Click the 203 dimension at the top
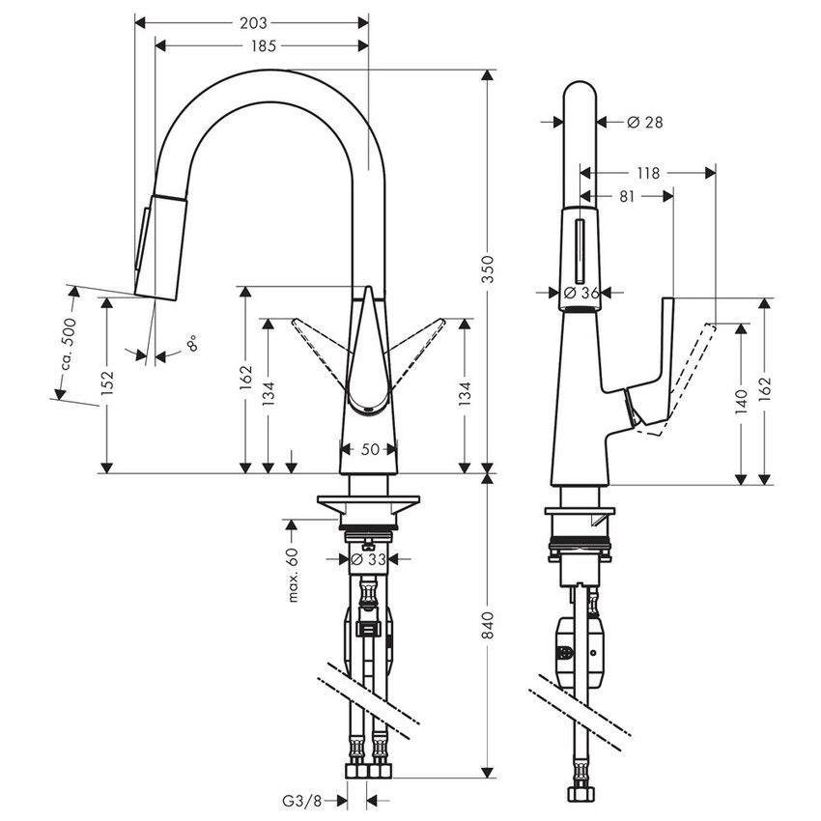tap(253, 21)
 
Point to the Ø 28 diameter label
tap(644, 122)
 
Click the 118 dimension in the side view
tap(648, 174)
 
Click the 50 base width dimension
tap(368, 449)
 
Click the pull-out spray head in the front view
tap(159, 245)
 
